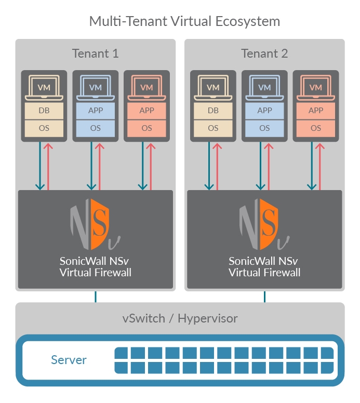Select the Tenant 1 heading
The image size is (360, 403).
[x=95, y=53]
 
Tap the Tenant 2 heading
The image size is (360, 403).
[x=264, y=53]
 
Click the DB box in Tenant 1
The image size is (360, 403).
[x=44, y=111]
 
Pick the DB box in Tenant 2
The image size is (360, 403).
[x=213, y=111]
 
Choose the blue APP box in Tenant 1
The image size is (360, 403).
[x=96, y=111]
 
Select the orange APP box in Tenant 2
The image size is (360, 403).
[x=316, y=111]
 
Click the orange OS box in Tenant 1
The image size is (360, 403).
[x=147, y=128]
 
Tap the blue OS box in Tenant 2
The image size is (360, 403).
[x=264, y=128]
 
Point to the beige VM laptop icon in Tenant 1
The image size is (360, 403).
[x=44, y=88]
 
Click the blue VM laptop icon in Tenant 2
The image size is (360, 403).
[x=264, y=88]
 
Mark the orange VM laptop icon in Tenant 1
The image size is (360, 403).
[x=147, y=88]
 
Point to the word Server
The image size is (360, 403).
[x=69, y=360]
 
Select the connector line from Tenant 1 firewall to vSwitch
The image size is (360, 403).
[x=96, y=297]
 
